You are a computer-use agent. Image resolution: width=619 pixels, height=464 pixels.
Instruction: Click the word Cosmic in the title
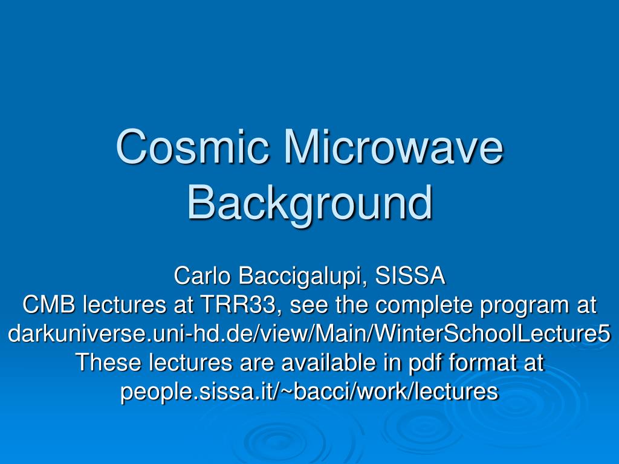(x=193, y=146)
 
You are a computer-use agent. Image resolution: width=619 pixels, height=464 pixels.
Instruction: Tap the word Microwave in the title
(x=394, y=146)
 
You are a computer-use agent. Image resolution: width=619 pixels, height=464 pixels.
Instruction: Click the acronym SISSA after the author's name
(x=410, y=275)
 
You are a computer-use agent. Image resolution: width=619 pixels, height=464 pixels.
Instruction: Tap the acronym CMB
(x=49, y=304)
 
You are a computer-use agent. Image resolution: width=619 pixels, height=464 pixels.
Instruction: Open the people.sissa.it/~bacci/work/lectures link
(x=309, y=391)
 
